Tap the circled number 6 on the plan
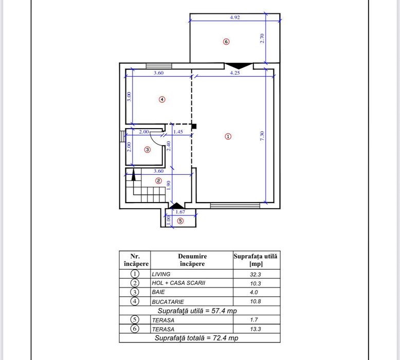pos(226,42)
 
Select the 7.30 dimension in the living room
pos(262,136)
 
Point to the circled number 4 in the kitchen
pos(162,99)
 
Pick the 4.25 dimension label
pos(235,73)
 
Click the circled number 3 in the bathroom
pos(147,150)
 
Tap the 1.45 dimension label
pos(178,132)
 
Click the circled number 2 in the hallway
pos(159,181)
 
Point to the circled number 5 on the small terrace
pos(179,221)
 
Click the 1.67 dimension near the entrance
pos(180,211)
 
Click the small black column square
pos(194,125)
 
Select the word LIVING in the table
pos(160,274)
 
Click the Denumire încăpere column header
pos(192,260)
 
